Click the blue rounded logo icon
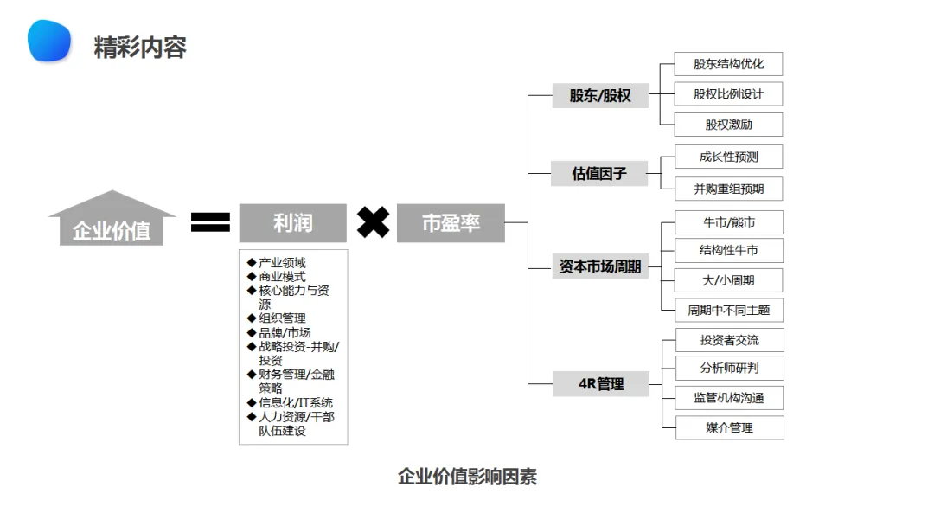point(49,41)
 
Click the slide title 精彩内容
point(140,47)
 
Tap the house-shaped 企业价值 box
point(112,221)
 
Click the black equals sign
point(210,222)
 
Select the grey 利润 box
point(292,223)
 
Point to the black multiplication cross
point(373,222)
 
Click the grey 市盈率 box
point(451,223)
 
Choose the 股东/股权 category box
point(600,95)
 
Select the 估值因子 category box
point(599,174)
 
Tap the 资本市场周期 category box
point(600,266)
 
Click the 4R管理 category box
point(601,383)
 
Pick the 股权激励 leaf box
point(729,125)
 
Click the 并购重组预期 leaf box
point(729,189)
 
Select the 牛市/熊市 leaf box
point(729,222)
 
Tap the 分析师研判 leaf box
point(729,368)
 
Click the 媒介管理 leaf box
point(729,427)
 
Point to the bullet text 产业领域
point(282,263)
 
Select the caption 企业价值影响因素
point(467,477)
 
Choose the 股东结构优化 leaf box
point(729,64)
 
